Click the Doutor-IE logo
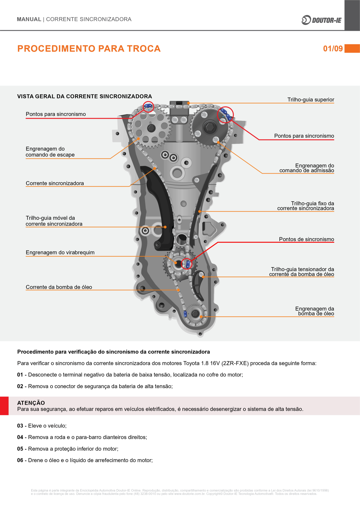tap(321, 20)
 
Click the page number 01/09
tap(333, 48)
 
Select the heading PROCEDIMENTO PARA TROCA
tap(89, 48)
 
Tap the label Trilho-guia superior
tap(310, 100)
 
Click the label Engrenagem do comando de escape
tap(50, 152)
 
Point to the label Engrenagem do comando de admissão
tap(307, 168)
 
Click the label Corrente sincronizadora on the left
tap(55, 183)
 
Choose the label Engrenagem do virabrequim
tap(60, 252)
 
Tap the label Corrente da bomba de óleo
tap(59, 287)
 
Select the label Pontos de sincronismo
tap(306, 239)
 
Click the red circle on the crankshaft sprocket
tap(187, 264)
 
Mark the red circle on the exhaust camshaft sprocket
tap(149, 107)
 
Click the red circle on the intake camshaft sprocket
tap(225, 114)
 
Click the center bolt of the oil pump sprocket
tap(195, 314)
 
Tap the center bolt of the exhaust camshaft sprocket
tap(151, 128)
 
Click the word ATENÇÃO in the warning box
tap(31, 403)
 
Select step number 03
tap(20, 426)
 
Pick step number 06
tap(20, 460)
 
